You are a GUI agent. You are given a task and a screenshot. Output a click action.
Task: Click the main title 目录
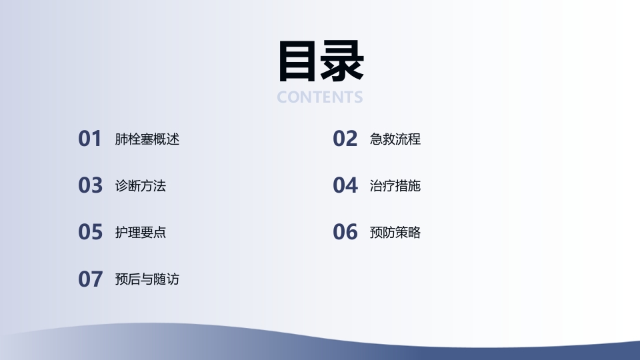[320, 61]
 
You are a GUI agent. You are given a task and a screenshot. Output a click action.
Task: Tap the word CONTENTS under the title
[320, 97]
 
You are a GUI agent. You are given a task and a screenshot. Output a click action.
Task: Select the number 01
[90, 139]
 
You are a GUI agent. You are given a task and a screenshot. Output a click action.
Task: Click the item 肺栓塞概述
[147, 139]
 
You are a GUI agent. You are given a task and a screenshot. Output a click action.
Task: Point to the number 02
[345, 139]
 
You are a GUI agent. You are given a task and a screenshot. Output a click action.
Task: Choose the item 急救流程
[395, 139]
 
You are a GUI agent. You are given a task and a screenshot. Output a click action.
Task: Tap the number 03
[90, 185]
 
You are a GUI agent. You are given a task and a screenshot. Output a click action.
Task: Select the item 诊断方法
[140, 186]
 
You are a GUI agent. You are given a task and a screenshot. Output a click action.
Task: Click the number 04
[345, 185]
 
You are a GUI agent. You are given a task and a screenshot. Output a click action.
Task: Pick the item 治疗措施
[395, 186]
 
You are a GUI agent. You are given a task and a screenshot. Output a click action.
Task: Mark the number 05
[90, 232]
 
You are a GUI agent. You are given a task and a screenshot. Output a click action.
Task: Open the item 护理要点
[140, 233]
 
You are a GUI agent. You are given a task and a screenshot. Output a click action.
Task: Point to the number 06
[345, 232]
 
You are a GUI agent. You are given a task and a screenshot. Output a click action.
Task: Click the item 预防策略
[395, 233]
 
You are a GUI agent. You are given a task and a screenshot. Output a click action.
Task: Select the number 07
[90, 279]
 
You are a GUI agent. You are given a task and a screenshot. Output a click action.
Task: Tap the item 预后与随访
[147, 279]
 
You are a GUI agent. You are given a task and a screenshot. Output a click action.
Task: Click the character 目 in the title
[298, 61]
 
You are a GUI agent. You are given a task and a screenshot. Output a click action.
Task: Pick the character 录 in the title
[342, 61]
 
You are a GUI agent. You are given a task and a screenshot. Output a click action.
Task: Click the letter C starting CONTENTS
[283, 97]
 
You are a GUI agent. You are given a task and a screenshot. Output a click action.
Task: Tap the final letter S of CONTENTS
[358, 97]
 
